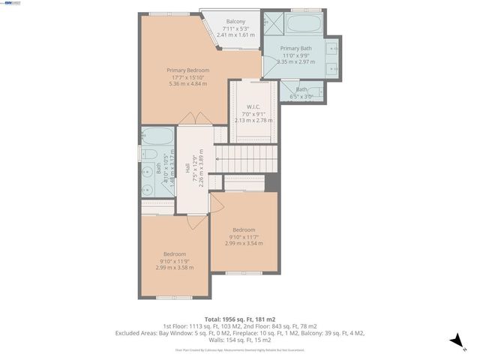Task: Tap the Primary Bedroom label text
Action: (x=187, y=70)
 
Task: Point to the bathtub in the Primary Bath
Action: (x=304, y=23)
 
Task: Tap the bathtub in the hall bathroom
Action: (x=157, y=139)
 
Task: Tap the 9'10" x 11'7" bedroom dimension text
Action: (x=244, y=237)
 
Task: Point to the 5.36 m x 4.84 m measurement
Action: (x=187, y=82)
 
